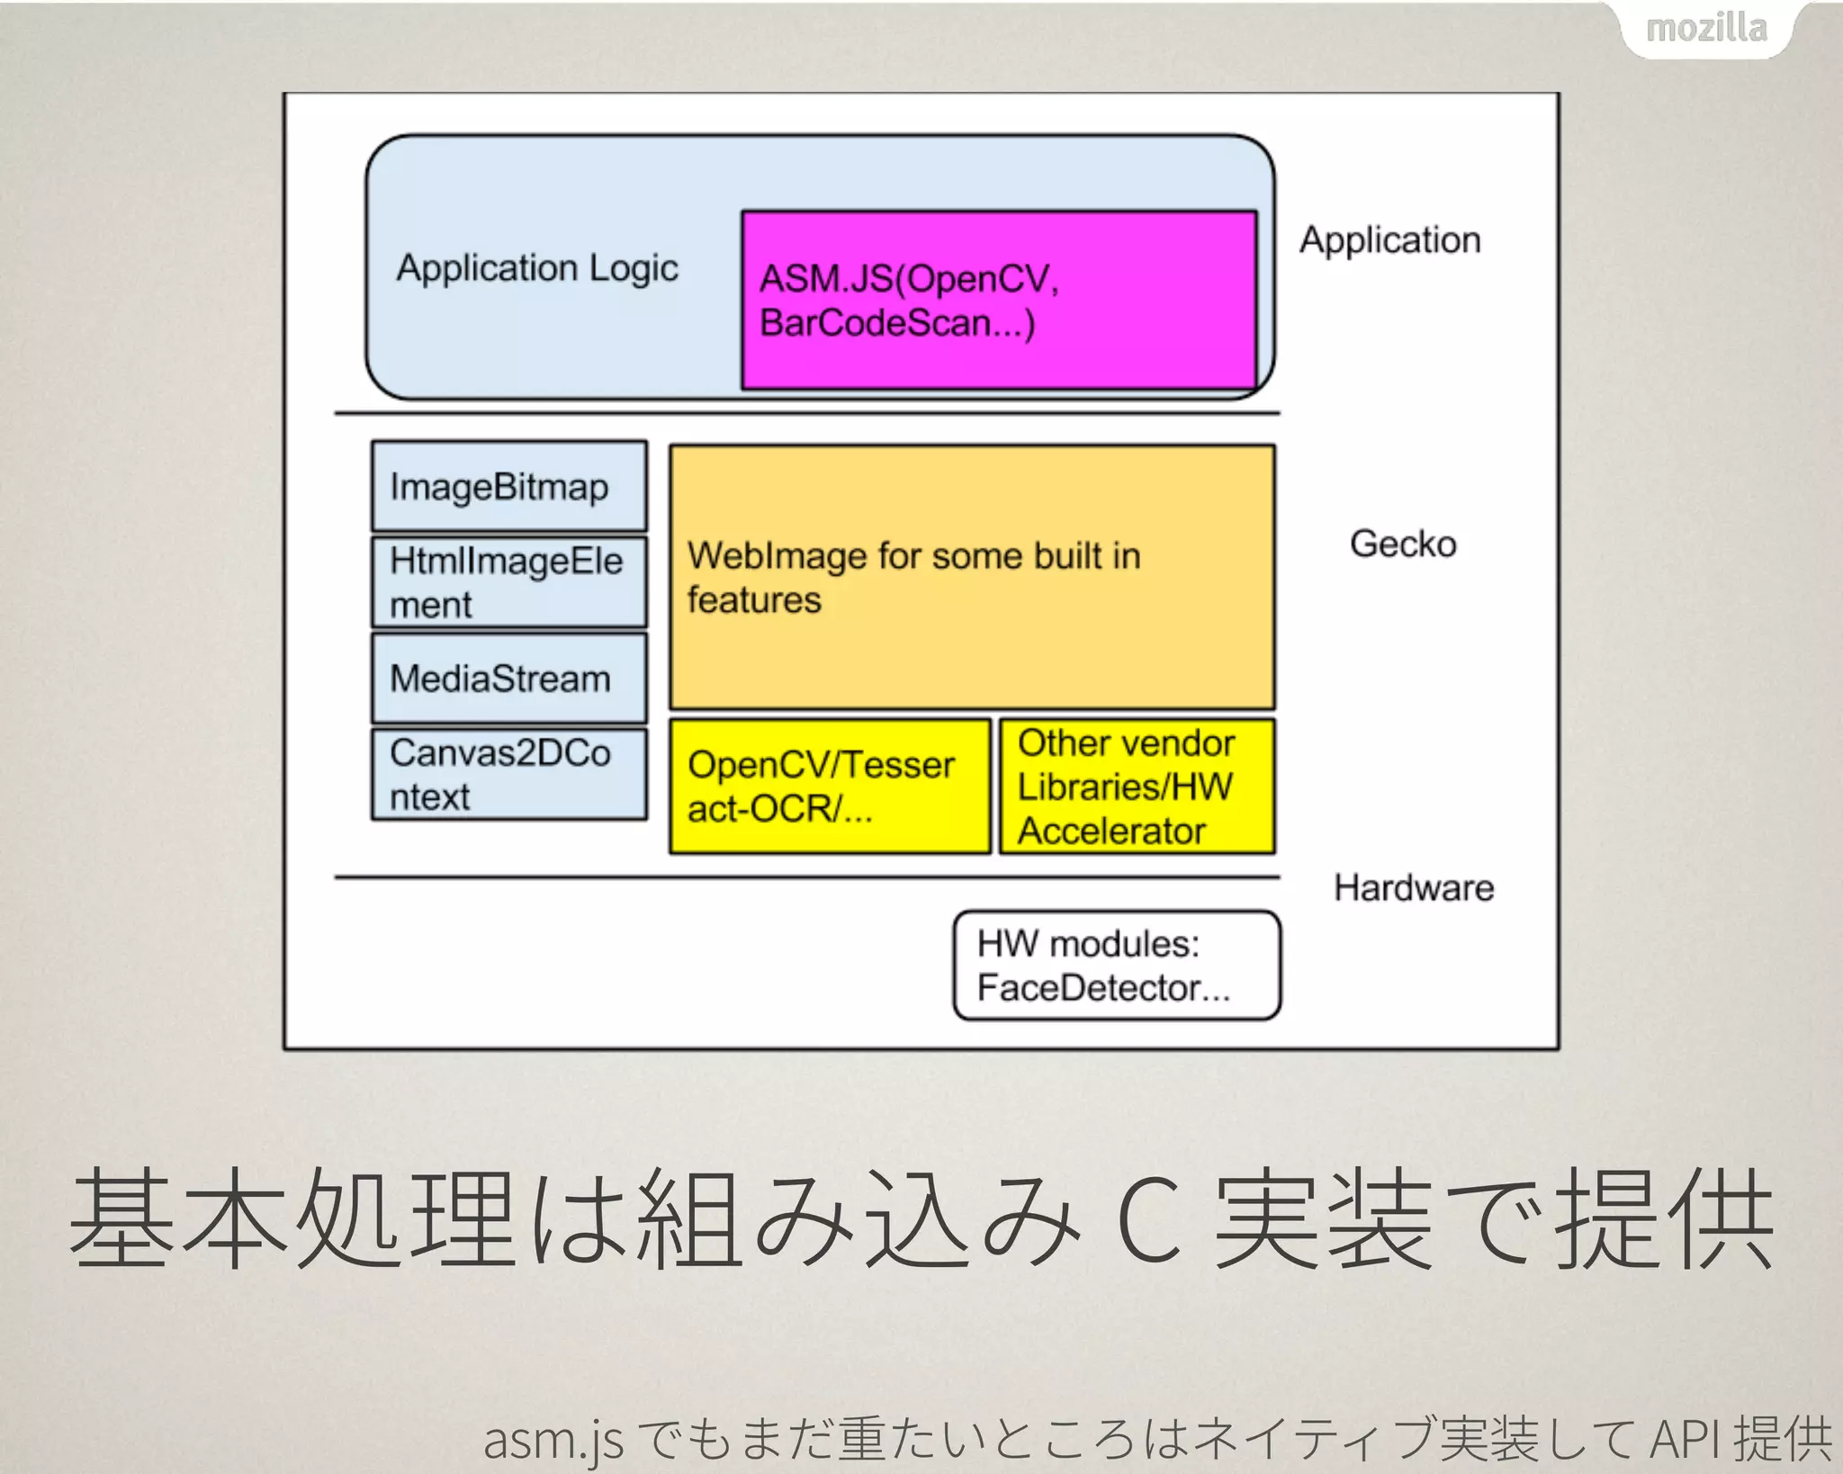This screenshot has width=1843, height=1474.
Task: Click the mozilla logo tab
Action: point(1706,30)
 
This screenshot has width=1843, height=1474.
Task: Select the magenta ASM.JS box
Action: point(999,300)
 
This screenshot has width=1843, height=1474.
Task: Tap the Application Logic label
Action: point(537,268)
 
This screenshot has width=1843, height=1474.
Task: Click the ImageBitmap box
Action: point(509,486)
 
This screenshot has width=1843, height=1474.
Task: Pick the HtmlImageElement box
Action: point(509,582)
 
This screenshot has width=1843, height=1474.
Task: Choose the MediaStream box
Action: point(509,679)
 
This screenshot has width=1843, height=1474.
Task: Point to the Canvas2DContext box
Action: point(509,775)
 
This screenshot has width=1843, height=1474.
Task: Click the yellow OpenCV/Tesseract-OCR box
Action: point(830,786)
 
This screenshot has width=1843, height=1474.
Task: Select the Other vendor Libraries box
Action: point(1137,786)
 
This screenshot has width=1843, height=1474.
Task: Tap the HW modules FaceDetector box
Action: point(1117,966)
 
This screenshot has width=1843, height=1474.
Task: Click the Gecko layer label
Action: point(1403,544)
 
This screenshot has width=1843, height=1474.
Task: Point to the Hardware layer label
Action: point(1414,888)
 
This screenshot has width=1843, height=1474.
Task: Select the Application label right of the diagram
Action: point(1390,240)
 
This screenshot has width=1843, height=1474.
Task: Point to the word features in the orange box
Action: point(754,600)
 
